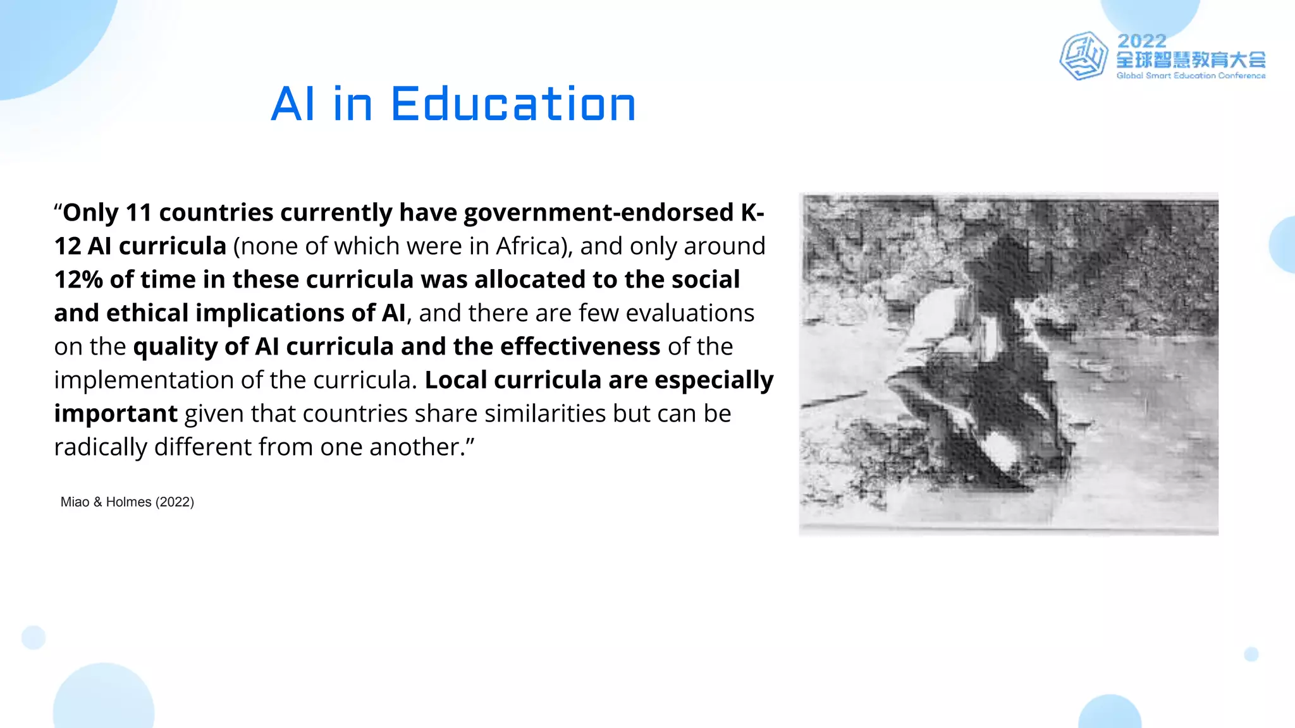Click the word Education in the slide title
(513, 104)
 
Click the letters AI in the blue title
(292, 104)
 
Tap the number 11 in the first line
(138, 213)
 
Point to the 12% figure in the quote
(78, 280)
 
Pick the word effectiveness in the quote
(580, 347)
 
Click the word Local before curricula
(455, 380)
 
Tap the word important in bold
(116, 414)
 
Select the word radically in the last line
(101, 447)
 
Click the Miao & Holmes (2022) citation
(127, 502)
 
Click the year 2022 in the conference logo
(1141, 41)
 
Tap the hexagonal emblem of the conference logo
(1083, 56)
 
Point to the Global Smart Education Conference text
(1191, 76)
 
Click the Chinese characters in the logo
(1191, 60)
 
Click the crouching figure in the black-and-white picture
(986, 367)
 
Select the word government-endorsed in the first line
(598, 213)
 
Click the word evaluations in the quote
(690, 313)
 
